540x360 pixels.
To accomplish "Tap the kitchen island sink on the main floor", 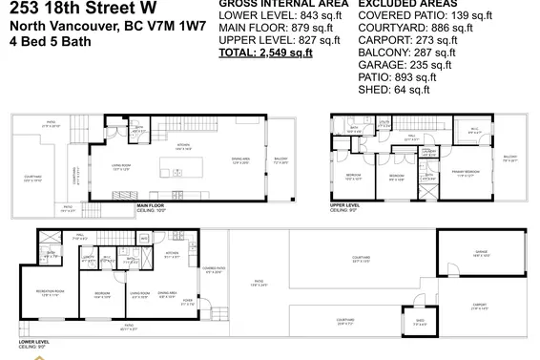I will (181, 174).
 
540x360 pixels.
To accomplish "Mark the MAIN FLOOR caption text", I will (153, 205).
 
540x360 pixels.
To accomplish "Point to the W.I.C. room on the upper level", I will (472, 132).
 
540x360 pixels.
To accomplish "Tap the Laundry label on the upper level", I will (431, 151).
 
